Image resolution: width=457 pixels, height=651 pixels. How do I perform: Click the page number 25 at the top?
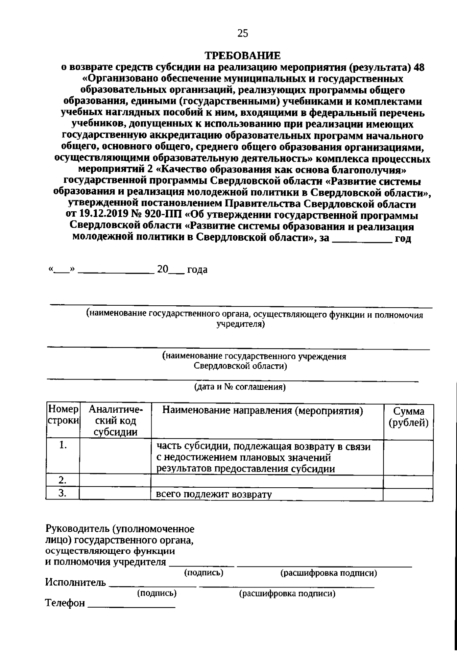(x=243, y=34)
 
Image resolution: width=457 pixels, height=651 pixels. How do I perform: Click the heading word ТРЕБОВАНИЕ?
(x=243, y=56)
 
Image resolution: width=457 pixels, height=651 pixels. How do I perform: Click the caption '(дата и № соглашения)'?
(x=240, y=388)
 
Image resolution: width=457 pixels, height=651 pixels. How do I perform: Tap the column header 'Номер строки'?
(x=63, y=416)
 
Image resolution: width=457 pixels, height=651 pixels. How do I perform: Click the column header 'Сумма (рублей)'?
(x=408, y=417)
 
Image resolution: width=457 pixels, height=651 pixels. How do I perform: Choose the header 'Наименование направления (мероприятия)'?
(x=263, y=411)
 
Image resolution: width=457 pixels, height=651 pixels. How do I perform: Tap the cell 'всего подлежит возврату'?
(x=214, y=494)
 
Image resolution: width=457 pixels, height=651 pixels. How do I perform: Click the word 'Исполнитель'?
(x=75, y=582)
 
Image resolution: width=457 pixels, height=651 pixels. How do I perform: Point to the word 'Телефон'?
(x=65, y=604)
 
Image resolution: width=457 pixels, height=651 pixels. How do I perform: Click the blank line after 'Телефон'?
(x=131, y=605)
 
